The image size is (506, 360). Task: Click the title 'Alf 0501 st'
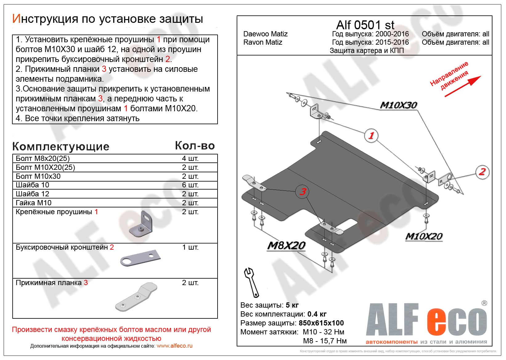click(365, 25)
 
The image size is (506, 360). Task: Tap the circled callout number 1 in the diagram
click(371, 135)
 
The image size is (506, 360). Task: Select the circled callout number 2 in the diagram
click(482, 172)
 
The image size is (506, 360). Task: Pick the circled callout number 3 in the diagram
click(303, 192)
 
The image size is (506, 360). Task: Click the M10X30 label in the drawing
click(398, 105)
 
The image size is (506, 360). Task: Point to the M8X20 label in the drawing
click(286, 245)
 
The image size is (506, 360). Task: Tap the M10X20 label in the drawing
click(424, 236)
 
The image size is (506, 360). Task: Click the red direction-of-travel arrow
click(463, 86)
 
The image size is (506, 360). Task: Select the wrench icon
click(251, 282)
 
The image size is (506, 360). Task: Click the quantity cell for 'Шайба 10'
click(190, 185)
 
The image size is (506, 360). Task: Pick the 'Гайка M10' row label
click(34, 203)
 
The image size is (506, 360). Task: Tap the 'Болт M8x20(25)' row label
click(43, 158)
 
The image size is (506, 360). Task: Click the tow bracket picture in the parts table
click(141, 258)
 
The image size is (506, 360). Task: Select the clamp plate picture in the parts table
click(136, 297)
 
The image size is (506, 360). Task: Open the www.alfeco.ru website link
click(174, 346)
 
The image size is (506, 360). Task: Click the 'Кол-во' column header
click(195, 146)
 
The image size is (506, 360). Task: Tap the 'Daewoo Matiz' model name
click(265, 34)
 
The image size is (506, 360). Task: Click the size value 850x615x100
click(321, 323)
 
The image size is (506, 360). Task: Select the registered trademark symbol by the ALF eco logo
click(484, 303)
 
